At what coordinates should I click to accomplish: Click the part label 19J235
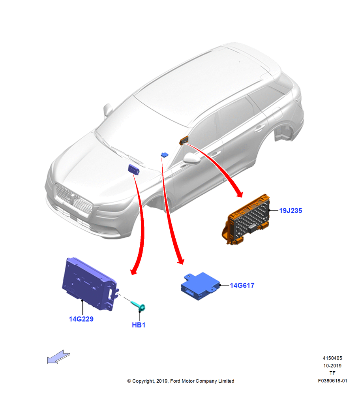pos(291,211)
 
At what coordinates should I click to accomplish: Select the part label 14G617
pos(242,285)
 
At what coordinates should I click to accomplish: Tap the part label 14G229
pos(81,319)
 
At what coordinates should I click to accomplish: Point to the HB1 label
pos(139,325)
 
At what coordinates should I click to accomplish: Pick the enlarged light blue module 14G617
pos(200,286)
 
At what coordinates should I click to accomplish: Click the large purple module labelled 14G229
pos(89,283)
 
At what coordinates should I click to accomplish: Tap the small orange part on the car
pos(184,140)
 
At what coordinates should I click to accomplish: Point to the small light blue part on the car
pos(165,155)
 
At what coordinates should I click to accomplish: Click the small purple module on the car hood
pos(134,169)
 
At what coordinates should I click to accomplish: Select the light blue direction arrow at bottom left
pos(58,357)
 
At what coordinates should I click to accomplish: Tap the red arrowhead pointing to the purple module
pos(134,271)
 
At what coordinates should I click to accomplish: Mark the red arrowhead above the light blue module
pos(180,261)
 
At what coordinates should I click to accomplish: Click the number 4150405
pos(332,358)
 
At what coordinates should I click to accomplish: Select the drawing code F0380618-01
pos(332,381)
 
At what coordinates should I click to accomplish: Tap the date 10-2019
pos(332,365)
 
